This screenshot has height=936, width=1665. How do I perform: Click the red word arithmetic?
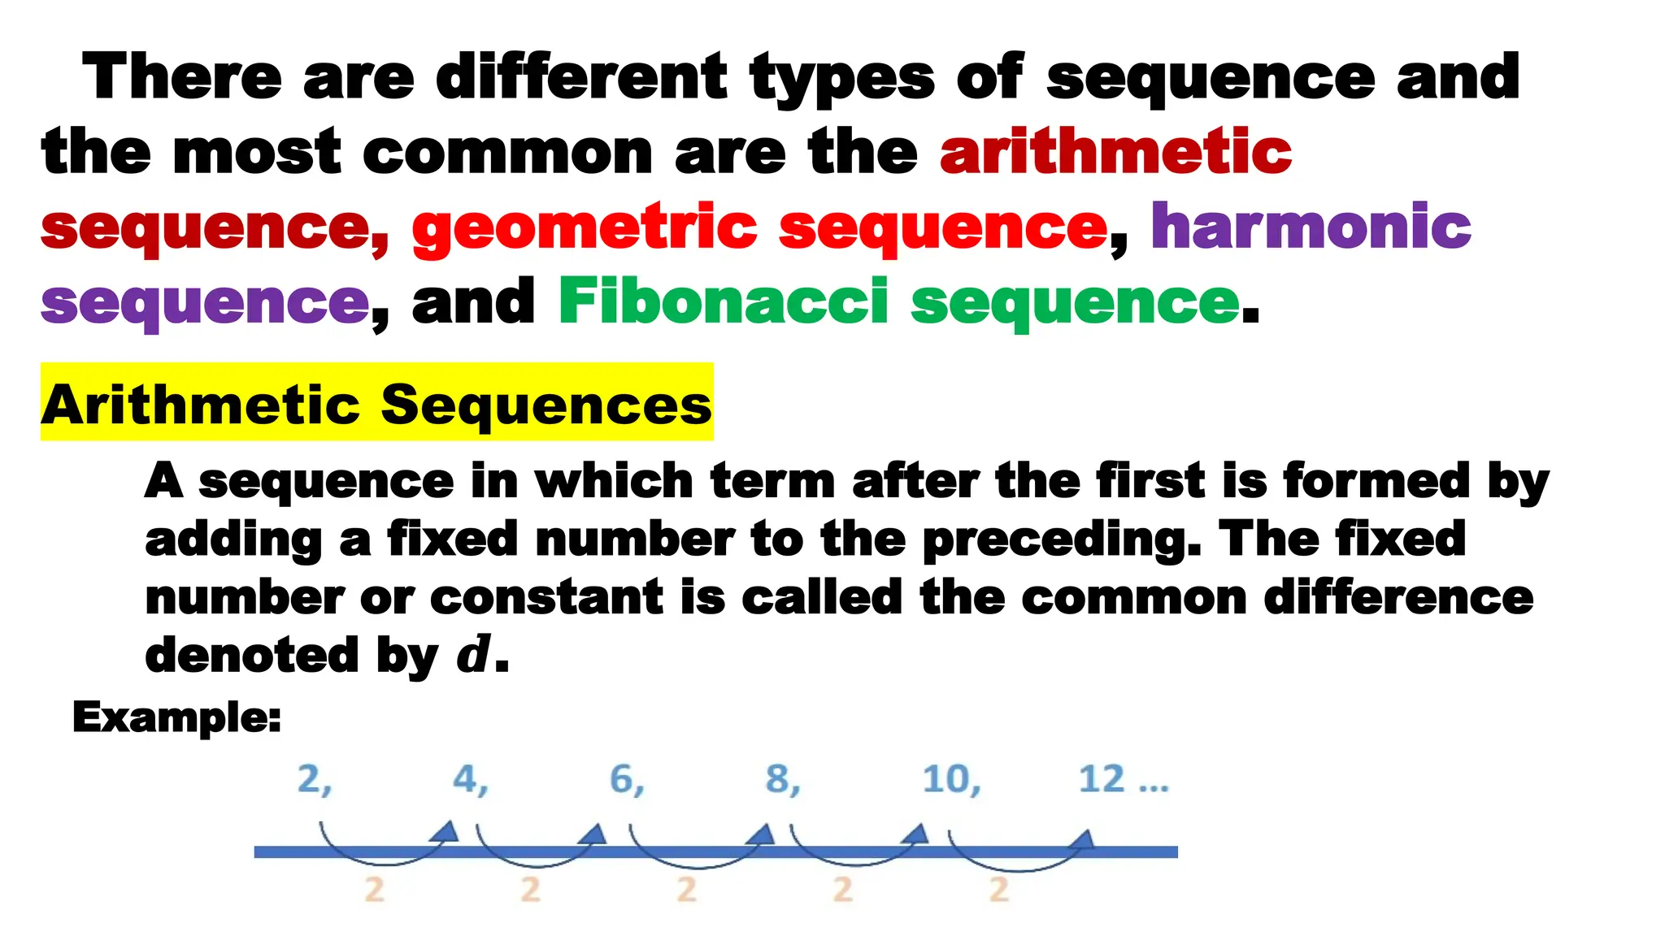[1115, 151]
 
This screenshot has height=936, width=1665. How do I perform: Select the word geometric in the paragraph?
[585, 227]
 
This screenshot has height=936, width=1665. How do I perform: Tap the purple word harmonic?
[1311, 227]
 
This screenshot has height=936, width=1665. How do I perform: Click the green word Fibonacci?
[723, 301]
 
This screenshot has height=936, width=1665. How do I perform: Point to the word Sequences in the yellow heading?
[546, 404]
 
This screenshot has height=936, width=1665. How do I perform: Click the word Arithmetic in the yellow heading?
[201, 404]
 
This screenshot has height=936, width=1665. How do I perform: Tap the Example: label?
[176, 717]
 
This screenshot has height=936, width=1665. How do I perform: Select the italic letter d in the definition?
[473, 655]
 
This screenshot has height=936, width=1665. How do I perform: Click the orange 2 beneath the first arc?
[374, 890]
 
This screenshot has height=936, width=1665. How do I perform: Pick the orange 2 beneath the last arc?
[999, 890]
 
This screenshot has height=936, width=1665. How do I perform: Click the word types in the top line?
[842, 77]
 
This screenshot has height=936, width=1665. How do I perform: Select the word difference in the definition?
[1398, 597]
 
